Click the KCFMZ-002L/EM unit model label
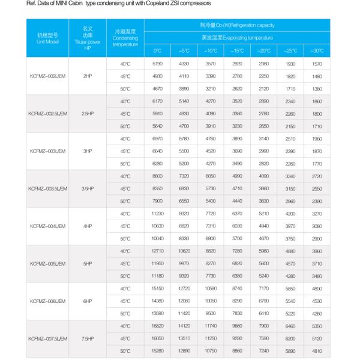point(47,76)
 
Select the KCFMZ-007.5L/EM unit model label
point(47,338)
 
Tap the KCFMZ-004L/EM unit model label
point(47,226)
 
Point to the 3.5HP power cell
point(88,188)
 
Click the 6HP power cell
point(88,301)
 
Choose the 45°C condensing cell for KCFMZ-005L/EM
point(125,263)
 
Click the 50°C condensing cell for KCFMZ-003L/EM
point(125,163)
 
